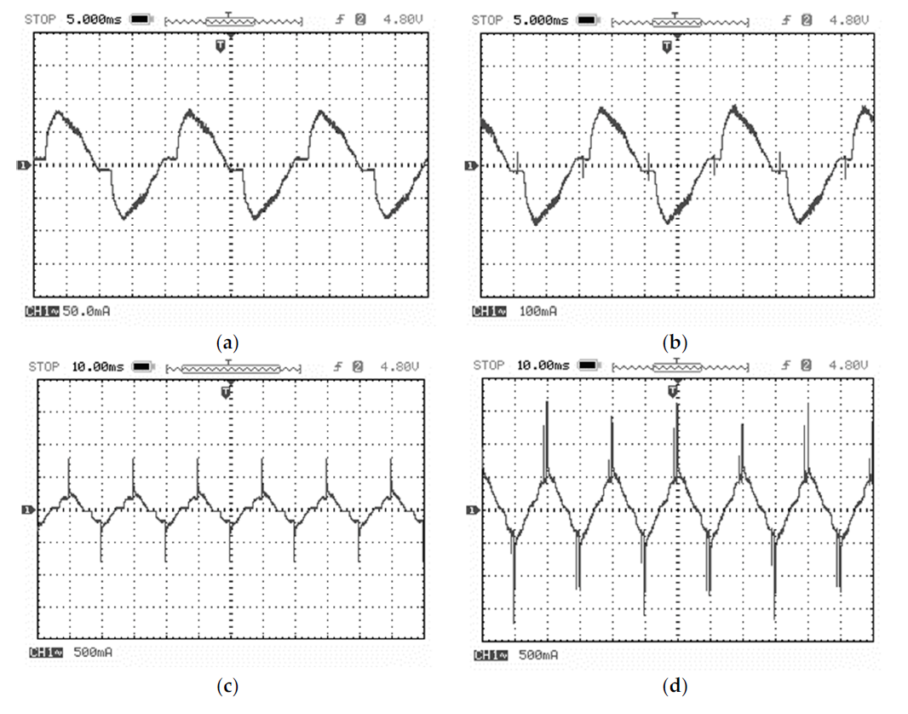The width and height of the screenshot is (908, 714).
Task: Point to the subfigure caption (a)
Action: click(x=228, y=343)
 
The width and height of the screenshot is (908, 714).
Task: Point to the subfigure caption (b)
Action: click(x=675, y=343)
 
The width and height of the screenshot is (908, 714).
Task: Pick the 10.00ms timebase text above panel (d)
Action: click(x=543, y=366)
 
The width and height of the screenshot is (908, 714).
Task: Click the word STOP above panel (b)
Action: click(x=487, y=18)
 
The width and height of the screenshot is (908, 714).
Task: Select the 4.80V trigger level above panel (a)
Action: click(x=401, y=18)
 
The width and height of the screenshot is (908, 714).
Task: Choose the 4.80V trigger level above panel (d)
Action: click(x=849, y=366)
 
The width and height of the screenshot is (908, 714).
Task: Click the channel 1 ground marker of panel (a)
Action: click(x=23, y=164)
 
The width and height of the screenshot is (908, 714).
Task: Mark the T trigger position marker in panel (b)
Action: click(x=667, y=44)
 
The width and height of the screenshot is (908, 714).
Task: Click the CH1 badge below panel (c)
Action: click(x=41, y=654)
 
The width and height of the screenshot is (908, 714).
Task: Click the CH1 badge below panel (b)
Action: click(x=484, y=312)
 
